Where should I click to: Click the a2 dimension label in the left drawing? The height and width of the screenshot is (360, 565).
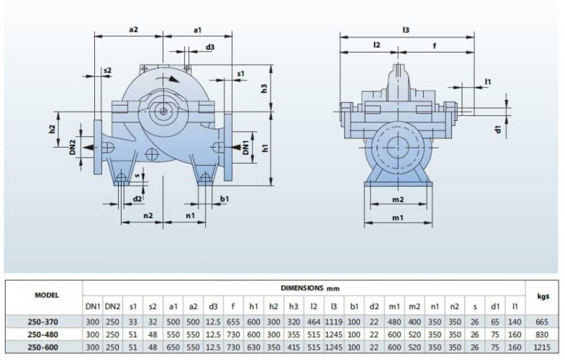(133, 30)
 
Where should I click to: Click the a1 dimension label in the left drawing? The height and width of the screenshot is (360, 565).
(197, 30)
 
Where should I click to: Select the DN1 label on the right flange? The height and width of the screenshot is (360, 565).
(245, 147)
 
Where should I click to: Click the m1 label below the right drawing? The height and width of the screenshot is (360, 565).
(397, 217)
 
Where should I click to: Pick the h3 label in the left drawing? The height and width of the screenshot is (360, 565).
(264, 89)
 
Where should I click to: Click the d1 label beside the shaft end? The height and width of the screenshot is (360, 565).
(497, 129)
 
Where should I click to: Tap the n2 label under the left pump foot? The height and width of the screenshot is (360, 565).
(148, 215)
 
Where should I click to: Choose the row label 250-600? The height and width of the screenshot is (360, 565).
(42, 348)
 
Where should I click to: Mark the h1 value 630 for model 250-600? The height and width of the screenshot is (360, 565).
(254, 348)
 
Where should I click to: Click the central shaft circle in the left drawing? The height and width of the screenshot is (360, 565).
(165, 111)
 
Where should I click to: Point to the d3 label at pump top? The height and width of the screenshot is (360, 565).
(210, 48)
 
